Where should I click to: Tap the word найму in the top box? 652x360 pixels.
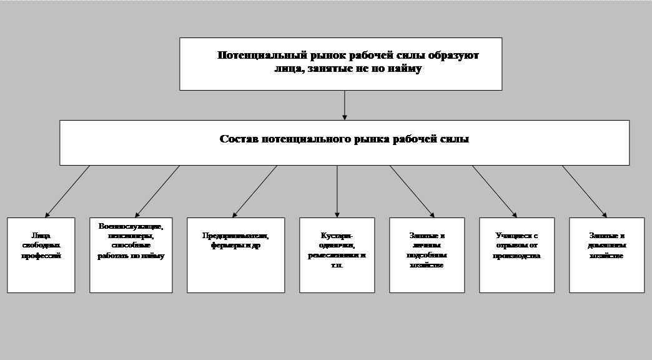[x=405, y=69]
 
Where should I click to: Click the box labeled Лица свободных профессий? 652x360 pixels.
[x=41, y=255]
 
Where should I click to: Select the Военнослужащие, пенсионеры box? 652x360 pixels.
[x=131, y=255]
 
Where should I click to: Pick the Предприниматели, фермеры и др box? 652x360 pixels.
[x=235, y=255]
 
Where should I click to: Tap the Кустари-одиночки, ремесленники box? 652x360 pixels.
[x=337, y=255]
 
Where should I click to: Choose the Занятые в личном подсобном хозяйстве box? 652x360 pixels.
[x=427, y=255]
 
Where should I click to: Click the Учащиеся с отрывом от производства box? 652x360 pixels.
[x=517, y=255]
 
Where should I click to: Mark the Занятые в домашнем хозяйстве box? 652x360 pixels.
[x=606, y=255]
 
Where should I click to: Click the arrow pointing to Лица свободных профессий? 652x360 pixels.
[x=67, y=191]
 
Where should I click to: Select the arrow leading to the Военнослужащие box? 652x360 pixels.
[x=157, y=191]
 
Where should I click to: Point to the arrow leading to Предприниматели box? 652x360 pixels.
[x=254, y=191]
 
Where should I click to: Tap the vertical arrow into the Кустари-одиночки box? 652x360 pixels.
[x=337, y=191]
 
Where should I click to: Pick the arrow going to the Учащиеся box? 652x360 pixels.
[x=494, y=191]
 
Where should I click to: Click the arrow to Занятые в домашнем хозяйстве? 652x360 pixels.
[x=584, y=191]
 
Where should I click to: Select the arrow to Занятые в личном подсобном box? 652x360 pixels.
[x=412, y=191]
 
